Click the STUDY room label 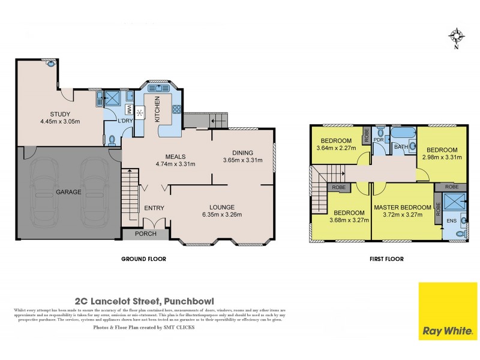(60, 114)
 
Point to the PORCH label (145, 234)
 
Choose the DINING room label (242, 152)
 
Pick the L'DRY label (125, 121)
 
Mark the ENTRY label (154, 208)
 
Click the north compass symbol (456, 37)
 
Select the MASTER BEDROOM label (402, 208)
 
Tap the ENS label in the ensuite (451, 220)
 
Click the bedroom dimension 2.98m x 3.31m (443, 157)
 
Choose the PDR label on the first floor (379, 140)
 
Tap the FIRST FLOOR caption (386, 259)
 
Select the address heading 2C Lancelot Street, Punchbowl (144, 301)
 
